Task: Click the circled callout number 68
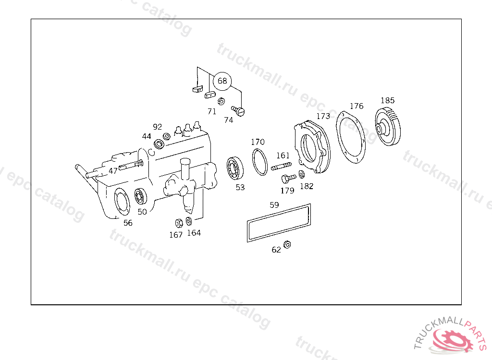pos(222,81)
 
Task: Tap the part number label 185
pos(388,100)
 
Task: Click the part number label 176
pos(357,106)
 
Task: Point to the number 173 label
pos(323,116)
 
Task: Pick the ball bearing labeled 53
pos(234,168)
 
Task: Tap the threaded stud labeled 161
pos(281,166)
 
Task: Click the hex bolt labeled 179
pos(288,179)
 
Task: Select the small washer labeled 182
pos(302,174)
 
